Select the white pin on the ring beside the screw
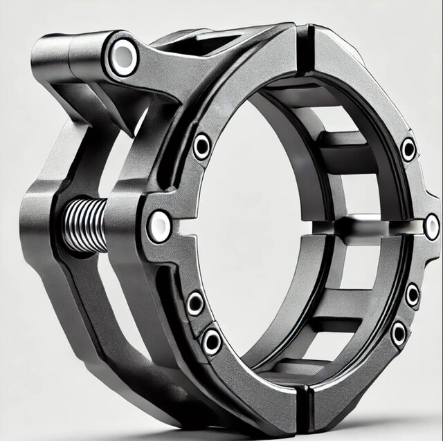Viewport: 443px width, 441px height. coord(159,225)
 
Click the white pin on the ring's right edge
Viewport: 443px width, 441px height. coord(431,226)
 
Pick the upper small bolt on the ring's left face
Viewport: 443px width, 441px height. coord(201,145)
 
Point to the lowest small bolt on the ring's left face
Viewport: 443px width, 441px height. coord(211,340)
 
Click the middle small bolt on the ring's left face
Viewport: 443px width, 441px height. coord(195,302)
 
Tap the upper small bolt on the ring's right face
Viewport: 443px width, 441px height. coord(408,148)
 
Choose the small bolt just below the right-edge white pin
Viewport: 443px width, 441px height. coord(412,295)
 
